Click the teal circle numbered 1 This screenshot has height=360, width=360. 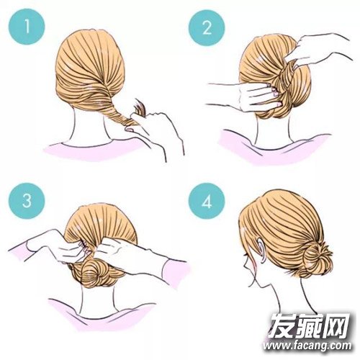coord(27,27)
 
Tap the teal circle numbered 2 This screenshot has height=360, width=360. coord(207,27)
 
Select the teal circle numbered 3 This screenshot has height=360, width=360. coord(27,201)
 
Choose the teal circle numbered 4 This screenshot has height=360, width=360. coord(207,201)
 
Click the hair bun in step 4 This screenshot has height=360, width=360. coord(316,260)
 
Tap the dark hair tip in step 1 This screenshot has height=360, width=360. coord(140,108)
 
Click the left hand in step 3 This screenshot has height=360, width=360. coord(60,247)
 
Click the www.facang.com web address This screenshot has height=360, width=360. coord(307,346)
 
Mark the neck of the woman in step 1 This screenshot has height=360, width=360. coord(89,127)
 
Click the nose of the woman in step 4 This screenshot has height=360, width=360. coord(244,264)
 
